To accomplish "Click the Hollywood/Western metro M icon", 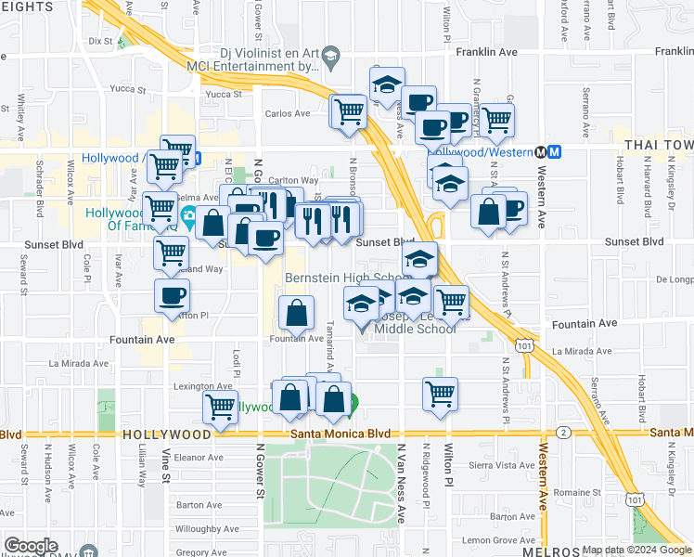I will click(553, 151).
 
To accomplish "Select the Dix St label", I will click(99, 41).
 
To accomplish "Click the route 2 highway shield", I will click(564, 433).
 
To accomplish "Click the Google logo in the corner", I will click(30, 546).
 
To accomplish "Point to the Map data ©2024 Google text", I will click(636, 550).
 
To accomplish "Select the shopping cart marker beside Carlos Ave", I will click(349, 113).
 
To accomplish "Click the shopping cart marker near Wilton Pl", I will click(440, 393).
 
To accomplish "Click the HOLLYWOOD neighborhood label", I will click(167, 434).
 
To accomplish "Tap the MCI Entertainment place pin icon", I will click(331, 60).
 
